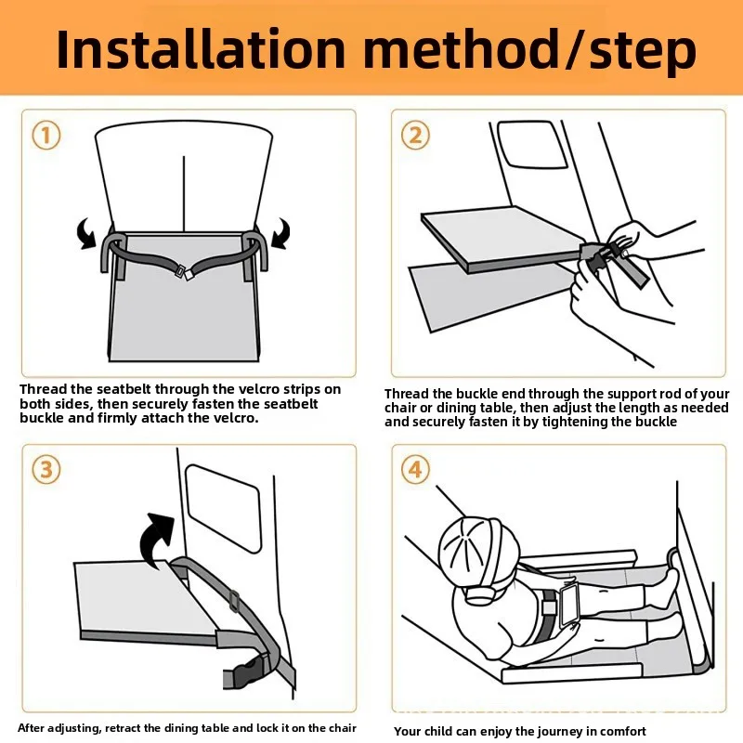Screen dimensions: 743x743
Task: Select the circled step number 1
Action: pyautogui.click(x=46, y=135)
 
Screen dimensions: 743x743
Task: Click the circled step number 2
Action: pyautogui.click(x=415, y=135)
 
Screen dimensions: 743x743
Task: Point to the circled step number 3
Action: pyautogui.click(x=46, y=470)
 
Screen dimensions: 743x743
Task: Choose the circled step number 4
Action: pyautogui.click(x=415, y=470)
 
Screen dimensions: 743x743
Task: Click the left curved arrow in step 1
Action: pyautogui.click(x=87, y=233)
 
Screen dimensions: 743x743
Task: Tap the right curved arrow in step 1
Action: pyautogui.click(x=280, y=233)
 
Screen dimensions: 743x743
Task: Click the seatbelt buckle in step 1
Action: pyautogui.click(x=184, y=272)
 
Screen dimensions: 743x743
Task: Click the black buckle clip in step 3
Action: pyautogui.click(x=246, y=671)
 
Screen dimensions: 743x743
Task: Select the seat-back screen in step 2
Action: pyautogui.click(x=531, y=144)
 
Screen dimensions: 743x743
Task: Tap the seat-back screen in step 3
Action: pyautogui.click(x=224, y=508)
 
